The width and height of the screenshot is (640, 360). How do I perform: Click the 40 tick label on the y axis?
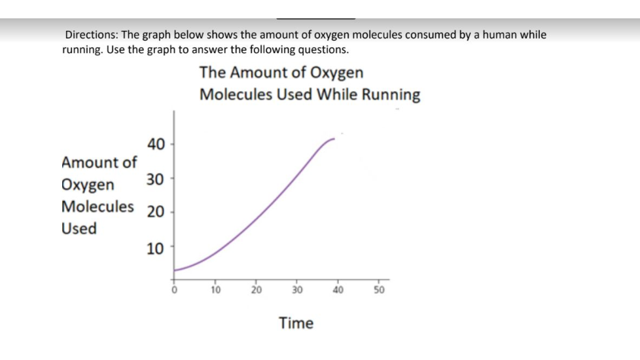tap(156, 143)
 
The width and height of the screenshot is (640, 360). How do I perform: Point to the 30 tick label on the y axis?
tap(156, 178)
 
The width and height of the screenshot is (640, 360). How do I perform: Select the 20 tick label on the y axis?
tap(156, 213)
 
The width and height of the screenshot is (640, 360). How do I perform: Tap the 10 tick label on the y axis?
tap(156, 248)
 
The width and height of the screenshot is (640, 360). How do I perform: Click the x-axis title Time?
tap(296, 323)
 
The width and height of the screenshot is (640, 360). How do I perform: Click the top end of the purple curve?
tap(334, 139)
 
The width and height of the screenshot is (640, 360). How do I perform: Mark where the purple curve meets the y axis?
tap(175, 270)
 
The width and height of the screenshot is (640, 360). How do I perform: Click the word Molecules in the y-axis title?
tap(98, 207)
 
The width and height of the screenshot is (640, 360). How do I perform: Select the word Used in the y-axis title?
tap(79, 229)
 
